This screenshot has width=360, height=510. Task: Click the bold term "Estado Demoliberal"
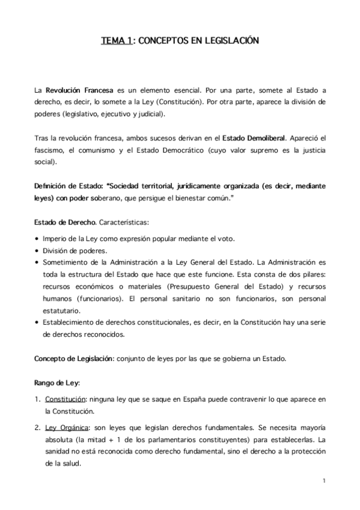tap(254, 140)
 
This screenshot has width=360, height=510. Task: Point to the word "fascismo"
tap(51, 151)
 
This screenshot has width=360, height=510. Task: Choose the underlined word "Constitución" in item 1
tap(67, 399)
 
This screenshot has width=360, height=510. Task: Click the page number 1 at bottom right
tap(323, 481)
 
